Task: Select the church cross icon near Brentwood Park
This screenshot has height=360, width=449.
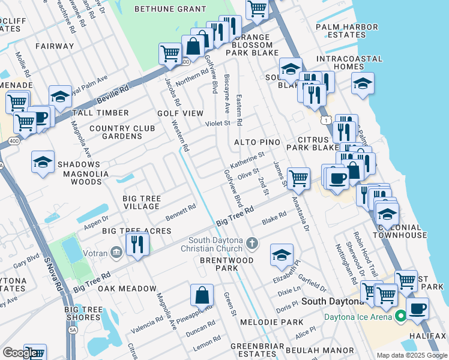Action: click(x=253, y=244)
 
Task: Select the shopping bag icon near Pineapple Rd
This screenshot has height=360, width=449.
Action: click(x=202, y=295)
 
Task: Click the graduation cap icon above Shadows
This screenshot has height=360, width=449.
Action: click(x=43, y=161)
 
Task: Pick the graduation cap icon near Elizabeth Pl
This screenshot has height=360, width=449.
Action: click(x=282, y=254)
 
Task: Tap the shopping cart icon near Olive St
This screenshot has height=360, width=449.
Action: click(x=298, y=178)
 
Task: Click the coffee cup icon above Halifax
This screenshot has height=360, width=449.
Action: click(x=417, y=308)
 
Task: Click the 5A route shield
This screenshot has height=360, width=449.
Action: click(x=73, y=329)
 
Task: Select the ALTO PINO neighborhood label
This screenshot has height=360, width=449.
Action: click(x=257, y=142)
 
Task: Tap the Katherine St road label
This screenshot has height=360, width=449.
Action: click(x=248, y=160)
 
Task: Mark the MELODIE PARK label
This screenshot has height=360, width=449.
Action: click(x=279, y=322)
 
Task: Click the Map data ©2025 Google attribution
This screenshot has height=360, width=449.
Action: click(x=412, y=355)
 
